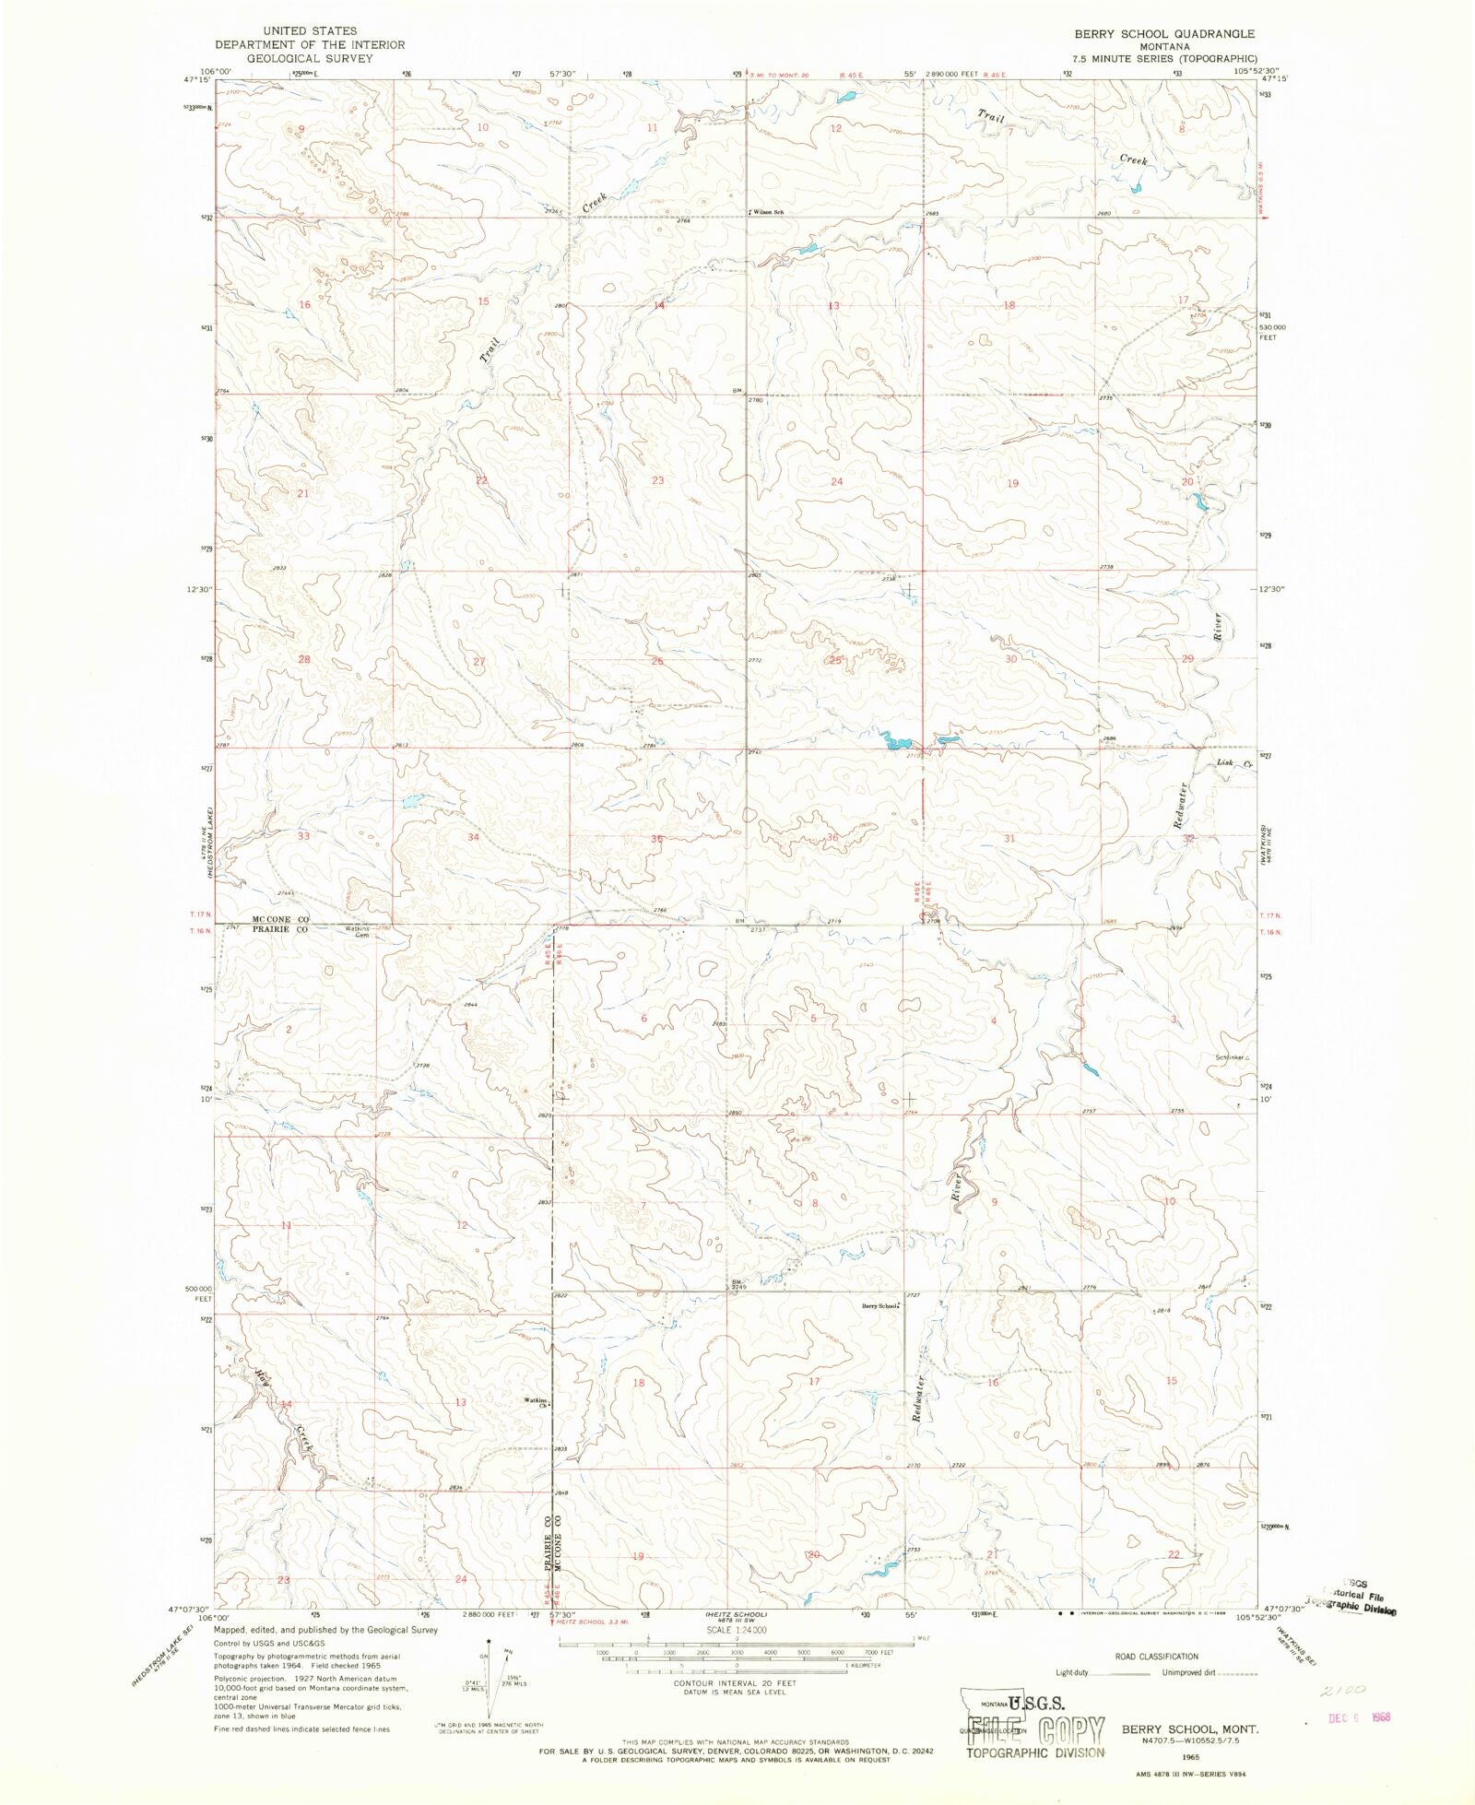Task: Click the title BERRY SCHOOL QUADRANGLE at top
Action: [x=1163, y=33]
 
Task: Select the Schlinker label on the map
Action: [x=1230, y=1057]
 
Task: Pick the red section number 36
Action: [x=832, y=837]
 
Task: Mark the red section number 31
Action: [x=1009, y=838]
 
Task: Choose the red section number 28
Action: [x=304, y=659]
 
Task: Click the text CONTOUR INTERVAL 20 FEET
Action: [x=735, y=1682]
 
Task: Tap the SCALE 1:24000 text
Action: [x=735, y=1630]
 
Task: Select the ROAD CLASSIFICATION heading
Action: [x=1156, y=1657]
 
